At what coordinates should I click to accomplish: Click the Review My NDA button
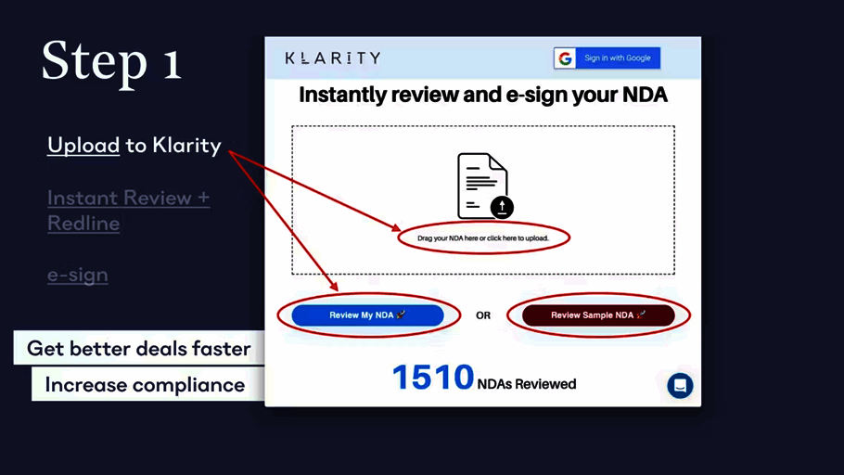point(367,315)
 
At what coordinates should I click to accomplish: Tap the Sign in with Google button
point(607,58)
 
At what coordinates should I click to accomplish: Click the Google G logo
point(565,58)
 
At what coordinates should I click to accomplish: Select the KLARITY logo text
point(333,58)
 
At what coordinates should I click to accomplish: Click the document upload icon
point(484,186)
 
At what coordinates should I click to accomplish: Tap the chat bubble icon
point(680,386)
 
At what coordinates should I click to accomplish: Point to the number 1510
point(433,377)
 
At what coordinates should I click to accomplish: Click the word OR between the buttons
point(483,315)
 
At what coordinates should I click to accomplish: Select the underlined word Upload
point(83,146)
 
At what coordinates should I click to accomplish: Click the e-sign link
point(78,275)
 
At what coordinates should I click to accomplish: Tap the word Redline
point(83,223)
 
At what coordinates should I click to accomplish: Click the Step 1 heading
point(111,62)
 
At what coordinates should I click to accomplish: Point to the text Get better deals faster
point(139,349)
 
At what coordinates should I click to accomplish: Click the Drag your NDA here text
point(483,238)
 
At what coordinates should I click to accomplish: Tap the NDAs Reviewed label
point(527,384)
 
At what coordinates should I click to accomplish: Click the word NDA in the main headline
point(645,95)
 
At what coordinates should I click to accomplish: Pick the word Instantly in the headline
point(342,96)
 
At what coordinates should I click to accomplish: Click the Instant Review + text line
point(129,198)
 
